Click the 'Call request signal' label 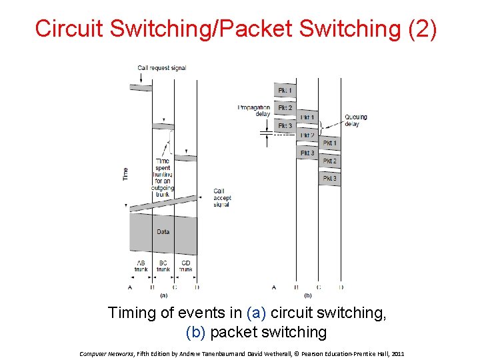tap(161, 67)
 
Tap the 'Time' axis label tap(125, 173)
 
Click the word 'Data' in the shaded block tap(163, 232)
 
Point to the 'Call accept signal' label tap(221, 197)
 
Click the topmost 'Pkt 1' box tap(285, 90)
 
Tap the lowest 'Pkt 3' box tap(330, 179)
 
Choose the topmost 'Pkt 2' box tap(285, 107)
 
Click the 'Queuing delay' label tap(355, 121)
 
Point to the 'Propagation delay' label tap(254, 110)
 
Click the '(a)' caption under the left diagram tap(163, 294)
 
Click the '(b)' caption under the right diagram tap(307, 294)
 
